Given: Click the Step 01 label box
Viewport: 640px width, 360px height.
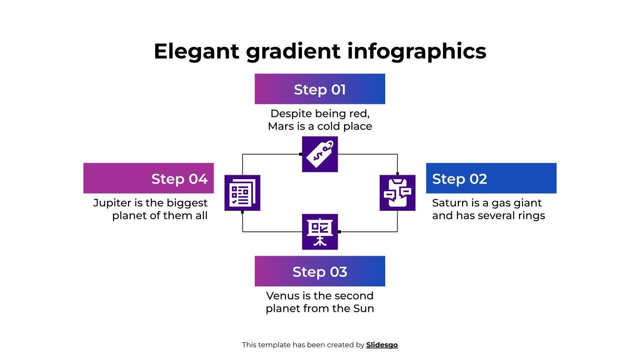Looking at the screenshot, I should (x=320, y=89).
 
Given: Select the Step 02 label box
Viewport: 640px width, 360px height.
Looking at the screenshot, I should (x=491, y=178).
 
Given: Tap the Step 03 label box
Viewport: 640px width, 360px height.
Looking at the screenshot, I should (x=320, y=271).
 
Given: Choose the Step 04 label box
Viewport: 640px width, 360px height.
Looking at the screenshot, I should (x=148, y=178).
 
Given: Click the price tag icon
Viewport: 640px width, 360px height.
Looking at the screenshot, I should (x=320, y=154).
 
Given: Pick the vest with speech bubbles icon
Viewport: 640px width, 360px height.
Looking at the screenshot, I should (x=397, y=193).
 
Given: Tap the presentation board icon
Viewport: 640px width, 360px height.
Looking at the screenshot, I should (x=320, y=232).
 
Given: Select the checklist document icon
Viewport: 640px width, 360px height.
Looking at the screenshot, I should (x=242, y=193).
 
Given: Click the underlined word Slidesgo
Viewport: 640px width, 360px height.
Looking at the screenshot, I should (x=382, y=345).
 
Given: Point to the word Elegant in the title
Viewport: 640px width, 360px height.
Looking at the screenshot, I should (x=196, y=51).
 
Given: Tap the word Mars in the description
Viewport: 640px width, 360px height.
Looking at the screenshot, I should (x=280, y=126).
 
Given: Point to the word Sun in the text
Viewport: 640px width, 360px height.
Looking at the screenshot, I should (x=364, y=308).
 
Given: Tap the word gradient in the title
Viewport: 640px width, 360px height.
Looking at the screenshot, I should (x=293, y=51).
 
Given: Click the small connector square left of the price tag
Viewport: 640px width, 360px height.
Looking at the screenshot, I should (x=301, y=154).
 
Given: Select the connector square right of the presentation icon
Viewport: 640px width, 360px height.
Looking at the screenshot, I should (x=339, y=232).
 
